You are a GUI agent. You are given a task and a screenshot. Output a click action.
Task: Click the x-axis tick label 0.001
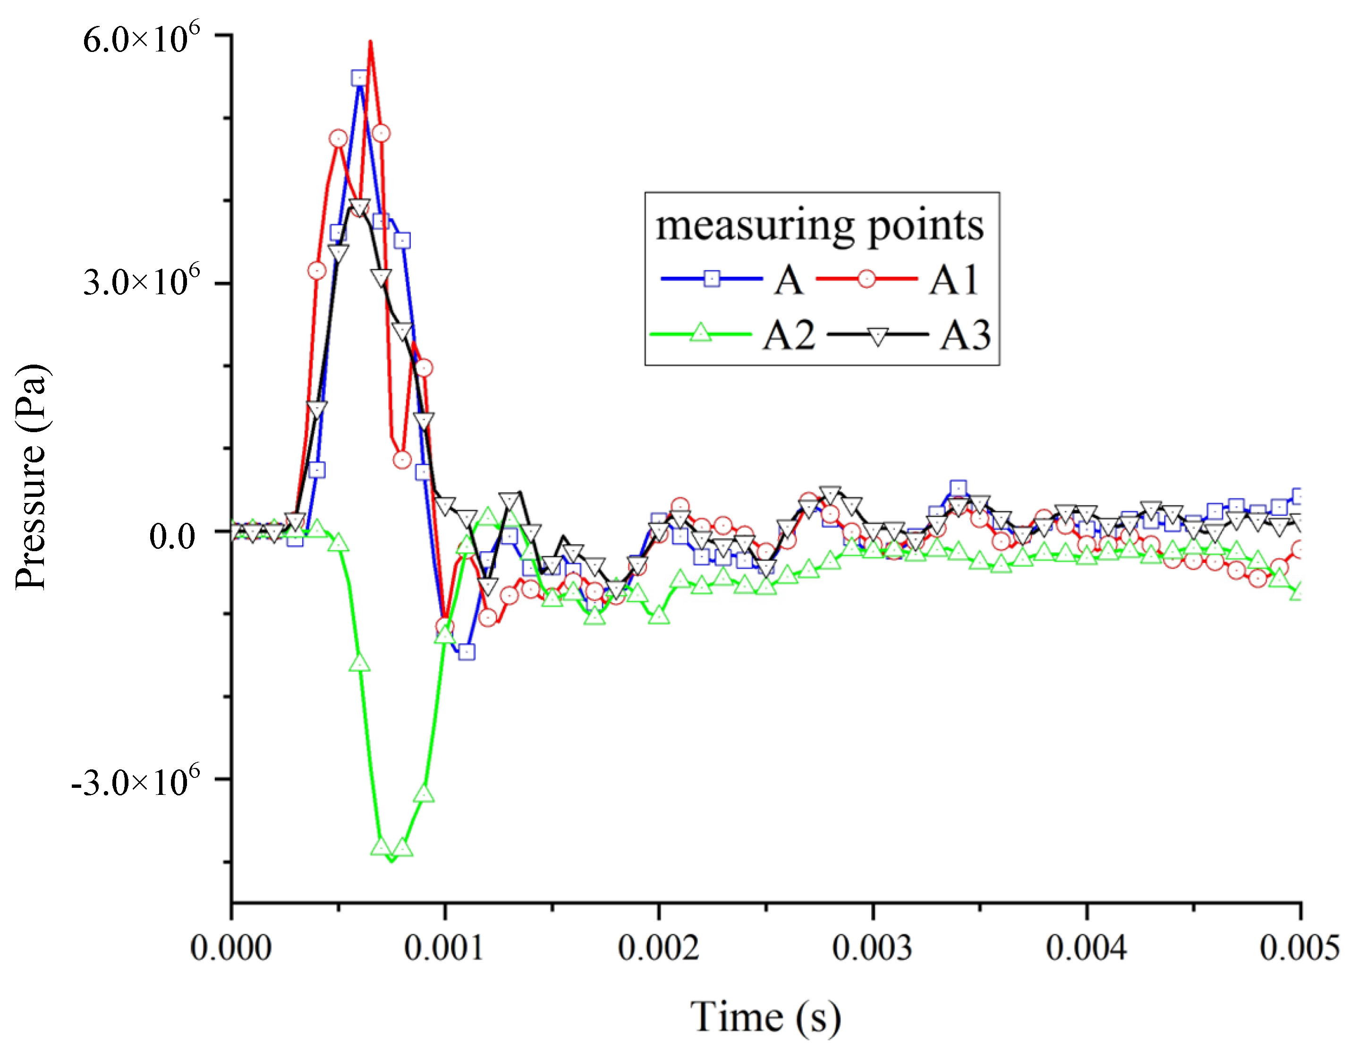tap(444, 948)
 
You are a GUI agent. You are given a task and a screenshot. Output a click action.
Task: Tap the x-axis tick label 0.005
tap(1299, 948)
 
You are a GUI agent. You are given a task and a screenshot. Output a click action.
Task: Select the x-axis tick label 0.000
tap(231, 948)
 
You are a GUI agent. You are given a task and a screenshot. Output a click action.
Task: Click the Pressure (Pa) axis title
tap(31, 476)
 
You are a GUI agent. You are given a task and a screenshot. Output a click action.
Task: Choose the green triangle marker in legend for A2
tap(701, 333)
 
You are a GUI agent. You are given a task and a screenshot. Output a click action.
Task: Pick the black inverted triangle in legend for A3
tap(877, 336)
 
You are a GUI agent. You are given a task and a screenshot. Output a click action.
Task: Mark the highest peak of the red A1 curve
tap(370, 43)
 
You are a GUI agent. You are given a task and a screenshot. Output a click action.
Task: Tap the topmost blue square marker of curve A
tap(359, 78)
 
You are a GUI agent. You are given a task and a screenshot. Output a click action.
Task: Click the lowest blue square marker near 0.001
tap(467, 652)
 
